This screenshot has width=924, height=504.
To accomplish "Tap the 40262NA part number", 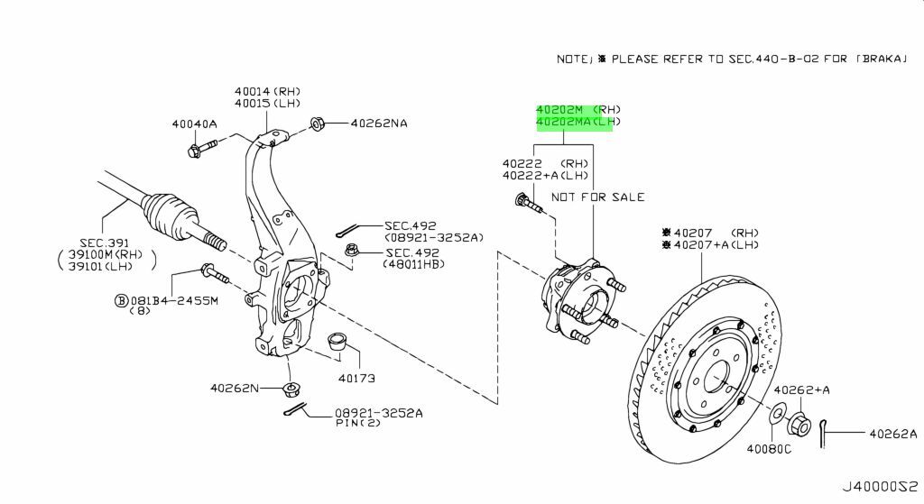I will [379, 124].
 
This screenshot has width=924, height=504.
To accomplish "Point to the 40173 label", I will [356, 377].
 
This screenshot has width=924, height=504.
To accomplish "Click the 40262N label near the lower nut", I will [234, 389].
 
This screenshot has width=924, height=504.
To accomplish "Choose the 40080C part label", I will [769, 449].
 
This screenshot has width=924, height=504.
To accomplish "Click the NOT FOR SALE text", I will [597, 197].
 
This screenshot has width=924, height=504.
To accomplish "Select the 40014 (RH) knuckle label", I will [267, 91].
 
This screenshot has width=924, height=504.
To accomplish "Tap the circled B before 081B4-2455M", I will [120, 301].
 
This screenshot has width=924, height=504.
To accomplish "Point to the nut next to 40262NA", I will [318, 124].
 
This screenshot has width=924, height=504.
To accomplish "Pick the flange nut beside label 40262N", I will [291, 390].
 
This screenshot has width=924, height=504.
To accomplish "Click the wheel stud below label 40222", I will [528, 206].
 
